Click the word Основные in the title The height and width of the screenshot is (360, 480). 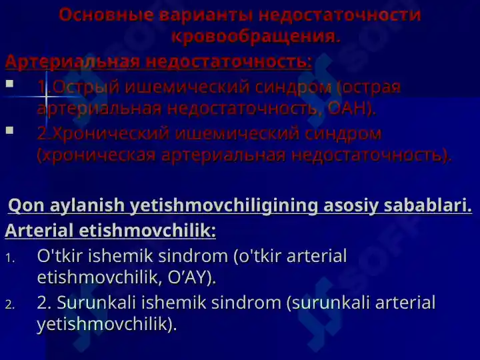point(106,15)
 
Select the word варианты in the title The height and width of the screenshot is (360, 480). point(206,15)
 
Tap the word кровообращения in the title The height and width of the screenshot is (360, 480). point(255,37)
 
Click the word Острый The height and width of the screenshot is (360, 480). point(86,87)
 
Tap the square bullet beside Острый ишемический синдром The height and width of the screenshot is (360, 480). point(9,83)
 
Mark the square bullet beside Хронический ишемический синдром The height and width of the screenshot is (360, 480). point(9,131)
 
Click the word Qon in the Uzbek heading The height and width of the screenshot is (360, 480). point(26,205)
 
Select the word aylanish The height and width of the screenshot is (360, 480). point(87,206)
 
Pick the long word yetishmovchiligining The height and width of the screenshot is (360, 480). point(224,206)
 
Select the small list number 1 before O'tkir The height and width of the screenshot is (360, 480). point(10,259)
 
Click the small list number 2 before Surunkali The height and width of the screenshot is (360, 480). point(10,305)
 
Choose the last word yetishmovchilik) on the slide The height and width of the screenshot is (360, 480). point(107,324)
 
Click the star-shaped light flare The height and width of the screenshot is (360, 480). point(46,97)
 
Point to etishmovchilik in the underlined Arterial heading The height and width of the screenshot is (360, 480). point(147,230)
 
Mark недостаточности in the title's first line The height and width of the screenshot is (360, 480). point(340,15)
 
